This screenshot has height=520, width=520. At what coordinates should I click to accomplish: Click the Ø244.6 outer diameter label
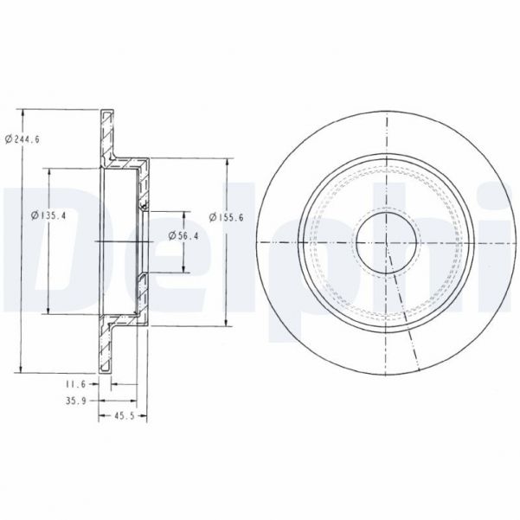tap(21, 138)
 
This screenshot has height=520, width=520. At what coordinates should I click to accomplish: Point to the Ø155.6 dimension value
tap(228, 216)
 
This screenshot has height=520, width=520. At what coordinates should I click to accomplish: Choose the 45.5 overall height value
tap(121, 419)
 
